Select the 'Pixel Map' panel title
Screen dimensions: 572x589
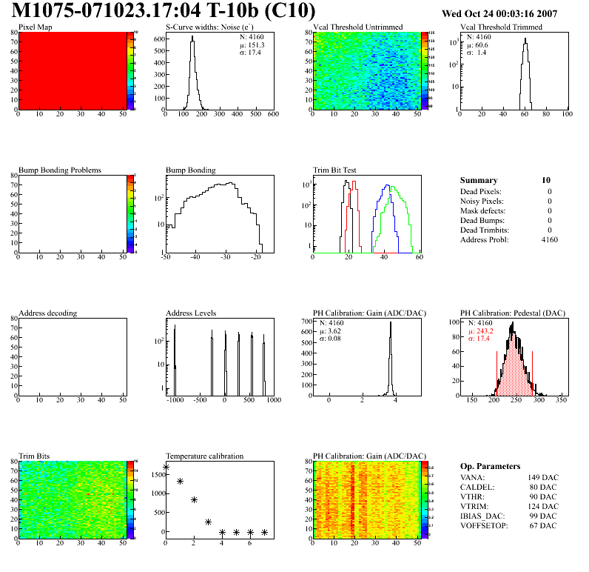(36, 27)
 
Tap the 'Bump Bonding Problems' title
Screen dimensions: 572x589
(60, 170)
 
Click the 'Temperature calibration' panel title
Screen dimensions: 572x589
(204, 456)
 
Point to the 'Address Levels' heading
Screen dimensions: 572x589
(191, 313)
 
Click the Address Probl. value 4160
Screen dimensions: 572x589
(549, 239)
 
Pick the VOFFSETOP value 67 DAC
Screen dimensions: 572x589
(544, 525)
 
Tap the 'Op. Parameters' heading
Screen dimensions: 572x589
(490, 466)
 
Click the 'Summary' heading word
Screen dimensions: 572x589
(479, 180)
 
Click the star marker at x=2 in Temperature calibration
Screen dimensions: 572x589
(194, 499)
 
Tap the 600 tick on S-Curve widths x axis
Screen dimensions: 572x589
(272, 115)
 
